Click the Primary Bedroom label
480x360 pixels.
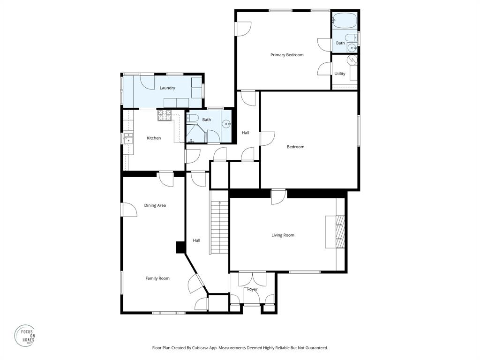287,55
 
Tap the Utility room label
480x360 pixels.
340,74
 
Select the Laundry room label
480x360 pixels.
167,88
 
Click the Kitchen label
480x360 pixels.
154,138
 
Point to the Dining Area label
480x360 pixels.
155,205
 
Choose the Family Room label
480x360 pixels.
157,278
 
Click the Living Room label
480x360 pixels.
283,235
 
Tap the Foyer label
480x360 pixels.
252,290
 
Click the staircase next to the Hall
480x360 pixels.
219,227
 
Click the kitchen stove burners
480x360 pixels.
164,115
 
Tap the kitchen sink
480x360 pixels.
128,138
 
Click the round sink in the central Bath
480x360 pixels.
227,124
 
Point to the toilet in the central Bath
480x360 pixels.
194,118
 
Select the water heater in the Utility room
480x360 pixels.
352,60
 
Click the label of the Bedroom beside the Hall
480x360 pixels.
295,147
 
